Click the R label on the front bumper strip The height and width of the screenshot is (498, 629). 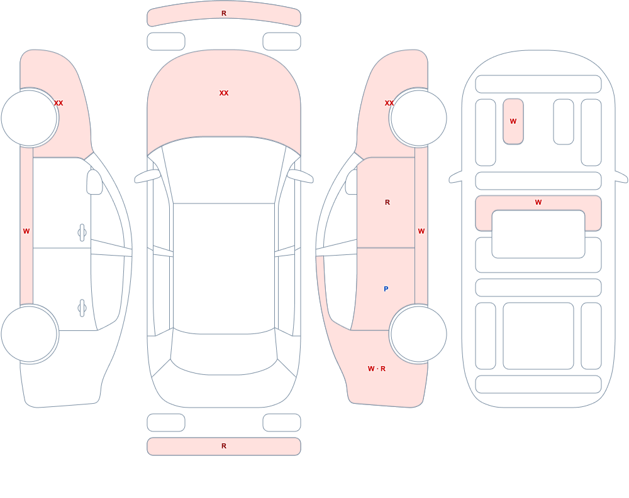[224, 13]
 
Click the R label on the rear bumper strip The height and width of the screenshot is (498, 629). [224, 446]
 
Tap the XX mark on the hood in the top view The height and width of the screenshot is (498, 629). [224, 93]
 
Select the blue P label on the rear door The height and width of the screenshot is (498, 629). [386, 289]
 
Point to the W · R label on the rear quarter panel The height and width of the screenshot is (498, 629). [377, 369]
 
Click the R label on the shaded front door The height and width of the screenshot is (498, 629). [387, 202]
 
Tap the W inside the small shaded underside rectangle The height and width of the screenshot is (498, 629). [513, 121]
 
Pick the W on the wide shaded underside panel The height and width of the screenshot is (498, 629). [538, 202]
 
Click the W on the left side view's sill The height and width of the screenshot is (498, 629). [26, 231]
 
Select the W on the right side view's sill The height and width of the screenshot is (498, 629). [421, 231]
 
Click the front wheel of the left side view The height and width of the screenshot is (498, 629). [30, 118]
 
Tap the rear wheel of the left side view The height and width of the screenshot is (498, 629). [30, 333]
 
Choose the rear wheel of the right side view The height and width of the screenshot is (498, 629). [418, 333]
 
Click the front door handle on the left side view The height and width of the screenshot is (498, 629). [82, 232]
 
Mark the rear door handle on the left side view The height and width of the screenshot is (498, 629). [82, 308]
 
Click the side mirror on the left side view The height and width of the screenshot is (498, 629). [94, 182]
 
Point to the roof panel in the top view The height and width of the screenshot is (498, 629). [224, 268]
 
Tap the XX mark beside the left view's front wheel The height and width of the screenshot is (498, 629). [58, 103]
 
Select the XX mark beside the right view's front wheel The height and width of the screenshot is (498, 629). [389, 103]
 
